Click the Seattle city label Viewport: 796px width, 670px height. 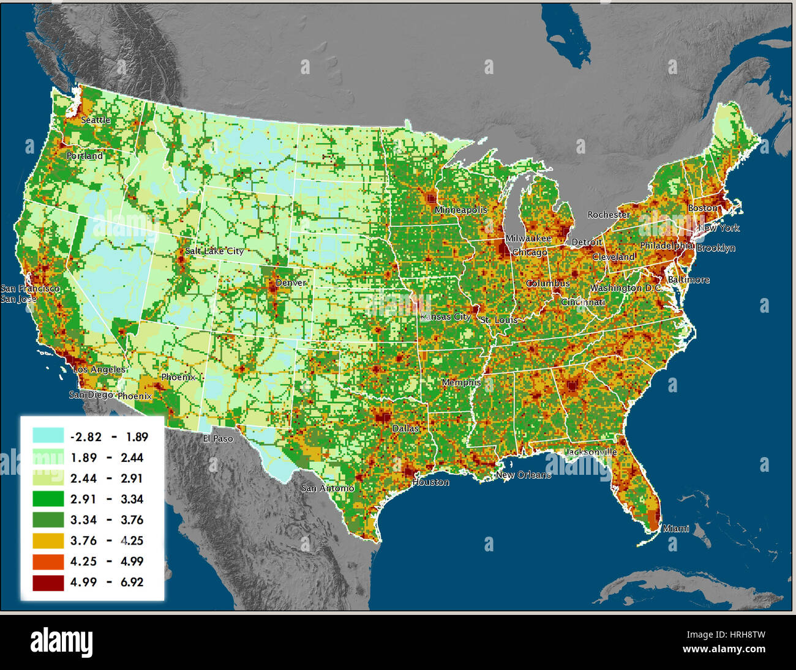coord(96,120)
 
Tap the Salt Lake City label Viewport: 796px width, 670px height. coord(214,251)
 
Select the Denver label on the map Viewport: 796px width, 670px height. coord(291,283)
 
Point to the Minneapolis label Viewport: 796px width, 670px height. coord(461,210)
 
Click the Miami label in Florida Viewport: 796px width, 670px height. coord(676,529)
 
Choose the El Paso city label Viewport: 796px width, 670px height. coord(218,439)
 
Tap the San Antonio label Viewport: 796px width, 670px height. coord(328,488)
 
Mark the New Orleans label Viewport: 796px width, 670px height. coord(523,475)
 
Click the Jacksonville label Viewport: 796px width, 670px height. coord(591,452)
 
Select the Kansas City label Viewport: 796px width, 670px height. coord(446,317)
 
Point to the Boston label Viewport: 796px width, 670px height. coord(702,208)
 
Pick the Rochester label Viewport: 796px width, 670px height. coord(609,215)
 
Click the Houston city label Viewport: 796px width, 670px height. coord(430,482)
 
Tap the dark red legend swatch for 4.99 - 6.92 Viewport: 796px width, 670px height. coord(48,582)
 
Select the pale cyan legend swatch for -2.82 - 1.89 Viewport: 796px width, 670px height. coord(48,436)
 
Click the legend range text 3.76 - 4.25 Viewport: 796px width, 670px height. coord(107,540)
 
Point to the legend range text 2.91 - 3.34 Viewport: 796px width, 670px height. coord(107,499)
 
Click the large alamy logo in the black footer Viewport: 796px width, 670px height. coord(62,642)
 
